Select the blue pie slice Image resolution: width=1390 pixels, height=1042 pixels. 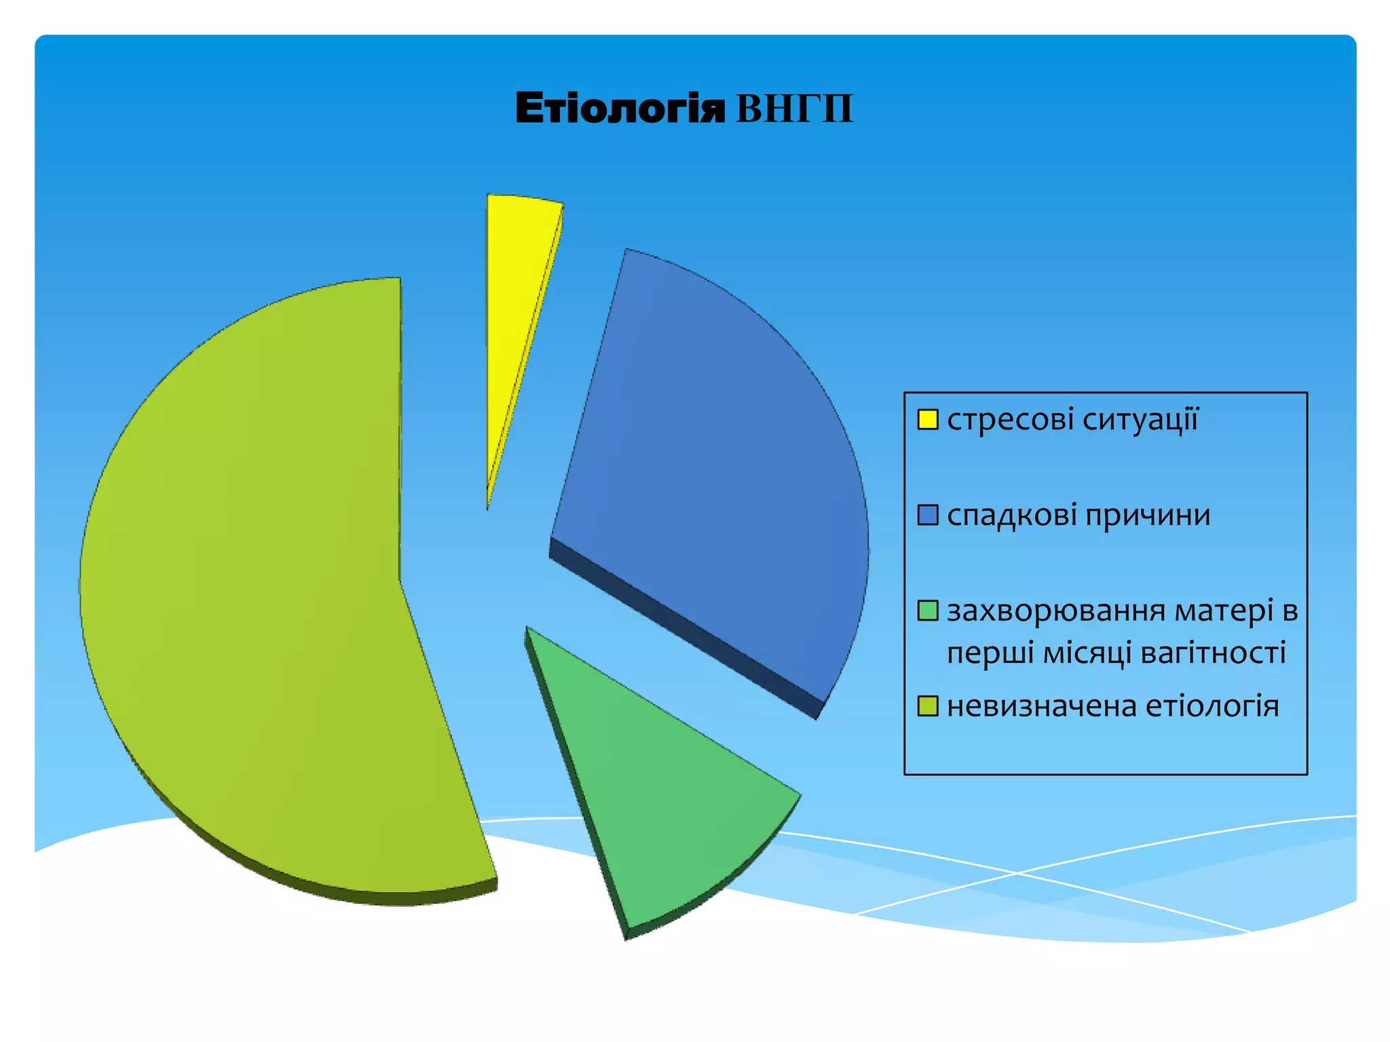pos(719,475)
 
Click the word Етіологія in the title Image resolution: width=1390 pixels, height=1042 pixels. pos(620,109)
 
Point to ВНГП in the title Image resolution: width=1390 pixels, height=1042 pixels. pos(794,109)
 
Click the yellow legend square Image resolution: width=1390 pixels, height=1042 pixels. pos(927,419)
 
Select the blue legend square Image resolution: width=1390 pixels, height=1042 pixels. pos(927,515)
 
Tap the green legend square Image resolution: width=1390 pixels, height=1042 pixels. pos(927,611)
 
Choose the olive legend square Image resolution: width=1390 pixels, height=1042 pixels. pos(927,706)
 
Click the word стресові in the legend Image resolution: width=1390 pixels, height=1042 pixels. pos(1011,420)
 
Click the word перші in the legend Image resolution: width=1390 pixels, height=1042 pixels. pos(990,653)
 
